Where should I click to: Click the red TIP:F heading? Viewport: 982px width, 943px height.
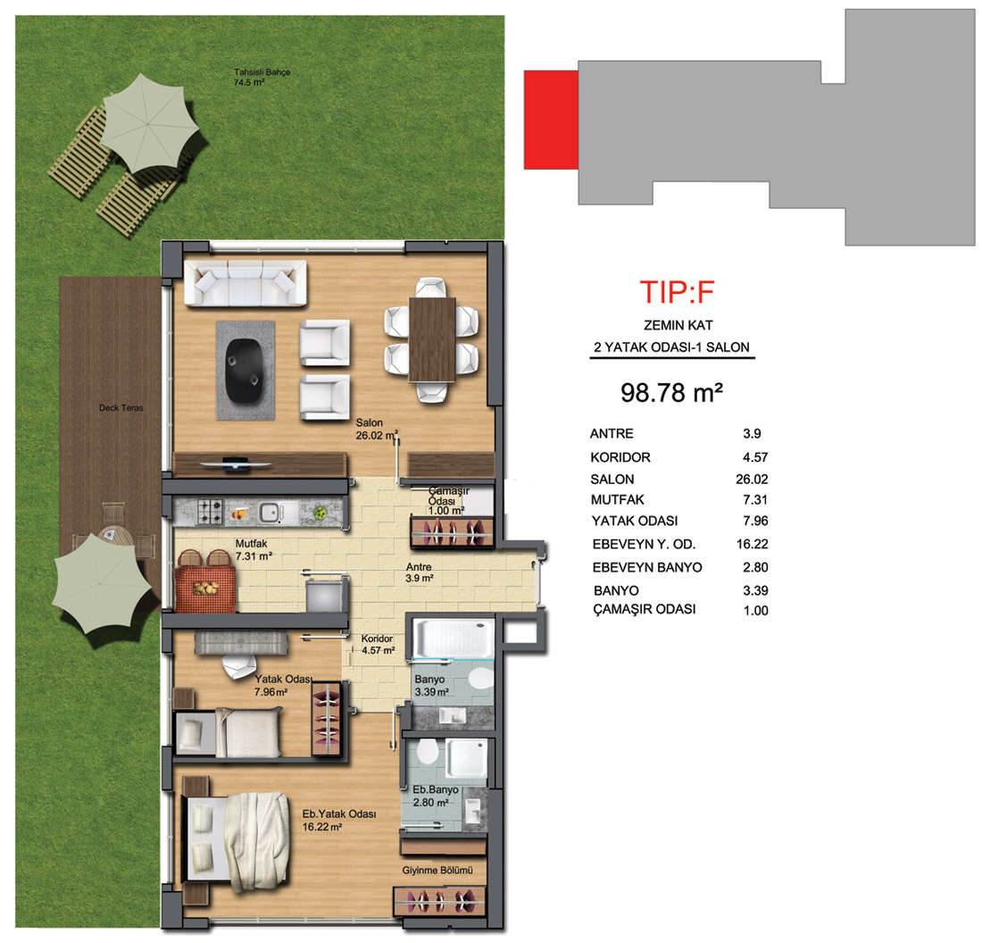pyautogui.click(x=677, y=292)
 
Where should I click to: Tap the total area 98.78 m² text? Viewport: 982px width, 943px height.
pyautogui.click(x=671, y=393)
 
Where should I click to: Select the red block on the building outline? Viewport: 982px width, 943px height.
pyautogui.click(x=551, y=120)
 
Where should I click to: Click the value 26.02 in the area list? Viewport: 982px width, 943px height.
pyautogui.click(x=752, y=480)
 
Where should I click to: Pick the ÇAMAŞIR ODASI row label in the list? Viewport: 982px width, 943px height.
pyautogui.click(x=645, y=609)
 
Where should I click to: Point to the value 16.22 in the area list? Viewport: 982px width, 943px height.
pyautogui.click(x=753, y=544)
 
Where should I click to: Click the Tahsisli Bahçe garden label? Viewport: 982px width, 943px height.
pyautogui.click(x=262, y=77)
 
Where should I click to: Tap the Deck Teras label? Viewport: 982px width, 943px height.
pyautogui.click(x=121, y=408)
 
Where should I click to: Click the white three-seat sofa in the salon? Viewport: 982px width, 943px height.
pyautogui.click(x=245, y=283)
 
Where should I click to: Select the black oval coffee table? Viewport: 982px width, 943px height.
pyautogui.click(x=245, y=371)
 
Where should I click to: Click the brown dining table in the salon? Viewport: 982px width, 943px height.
pyautogui.click(x=432, y=339)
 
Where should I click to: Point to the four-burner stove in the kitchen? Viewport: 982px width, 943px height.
pyautogui.click(x=211, y=512)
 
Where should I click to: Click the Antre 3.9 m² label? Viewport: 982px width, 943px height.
pyautogui.click(x=419, y=572)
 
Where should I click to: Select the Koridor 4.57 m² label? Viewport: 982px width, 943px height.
pyautogui.click(x=378, y=645)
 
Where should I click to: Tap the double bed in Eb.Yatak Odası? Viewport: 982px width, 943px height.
pyautogui.click(x=236, y=842)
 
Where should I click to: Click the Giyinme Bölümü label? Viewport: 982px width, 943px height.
pyautogui.click(x=437, y=871)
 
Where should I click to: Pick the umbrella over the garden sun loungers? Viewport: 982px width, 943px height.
pyautogui.click(x=150, y=123)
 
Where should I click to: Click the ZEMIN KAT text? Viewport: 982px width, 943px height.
pyautogui.click(x=678, y=325)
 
